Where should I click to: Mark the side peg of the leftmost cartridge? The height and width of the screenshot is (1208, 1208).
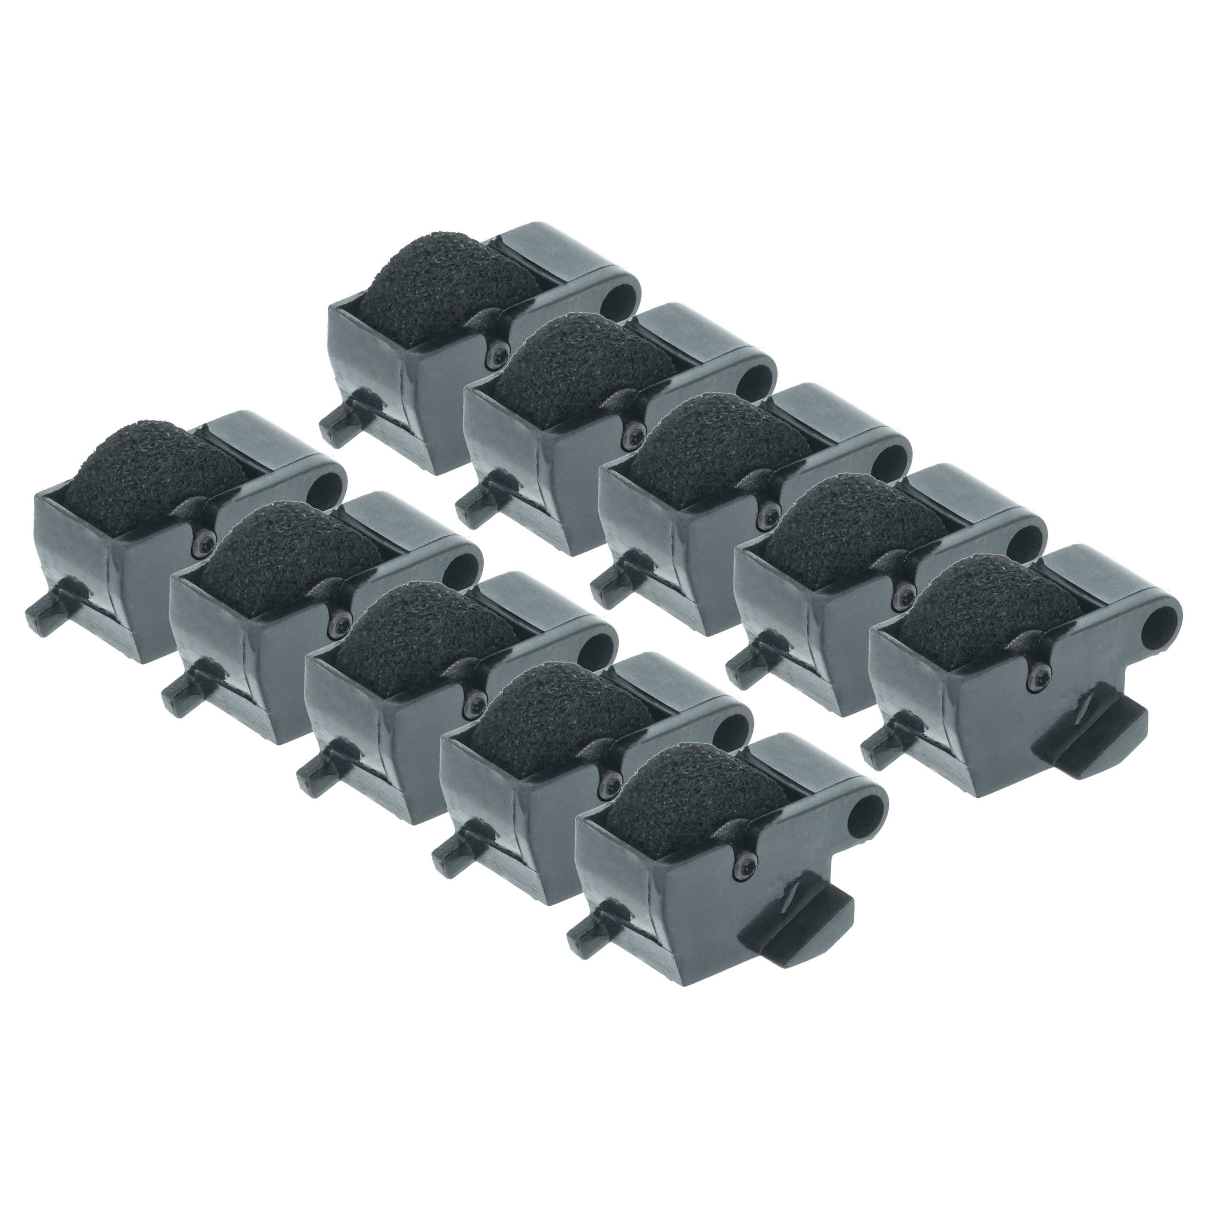point(47,600)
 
